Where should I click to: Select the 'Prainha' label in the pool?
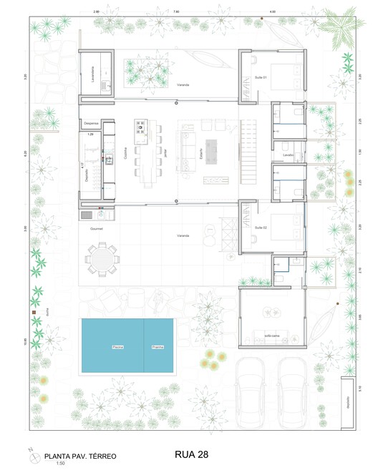tap(157, 347)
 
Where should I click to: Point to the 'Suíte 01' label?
tap(261, 77)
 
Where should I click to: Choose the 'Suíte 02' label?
tap(261, 227)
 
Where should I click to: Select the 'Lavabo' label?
tap(288, 155)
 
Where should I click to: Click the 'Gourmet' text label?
tap(98, 229)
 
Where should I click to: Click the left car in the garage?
tap(251, 397)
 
